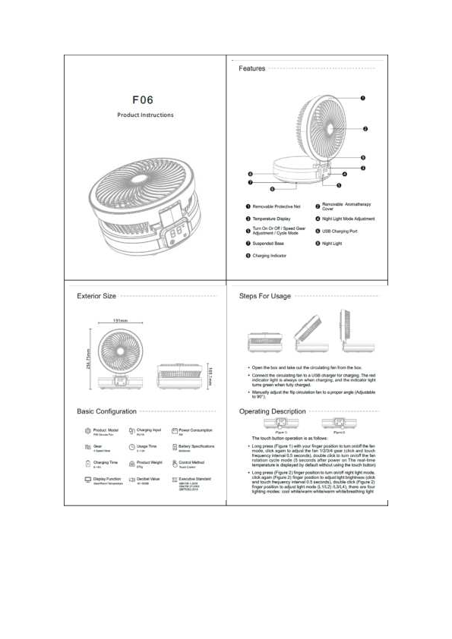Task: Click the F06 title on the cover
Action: tap(145, 99)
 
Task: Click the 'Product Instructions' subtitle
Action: tap(145, 115)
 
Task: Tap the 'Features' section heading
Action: tap(252, 68)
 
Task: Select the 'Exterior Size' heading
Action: tap(96, 296)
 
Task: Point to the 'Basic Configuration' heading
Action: tap(107, 411)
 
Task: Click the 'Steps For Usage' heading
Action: tap(265, 296)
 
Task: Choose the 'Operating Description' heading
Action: tap(273, 411)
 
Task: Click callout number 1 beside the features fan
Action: tap(363, 98)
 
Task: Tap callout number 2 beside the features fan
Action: tap(366, 129)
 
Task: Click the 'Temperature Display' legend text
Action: tap(271, 219)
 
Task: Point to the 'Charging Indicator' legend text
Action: tap(270, 257)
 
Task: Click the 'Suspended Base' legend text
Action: tap(268, 244)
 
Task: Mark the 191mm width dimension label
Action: tap(120, 322)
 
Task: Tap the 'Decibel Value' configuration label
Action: tap(148, 479)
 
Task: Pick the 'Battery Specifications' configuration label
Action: tap(197, 446)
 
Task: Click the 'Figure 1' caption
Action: tap(271, 432)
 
